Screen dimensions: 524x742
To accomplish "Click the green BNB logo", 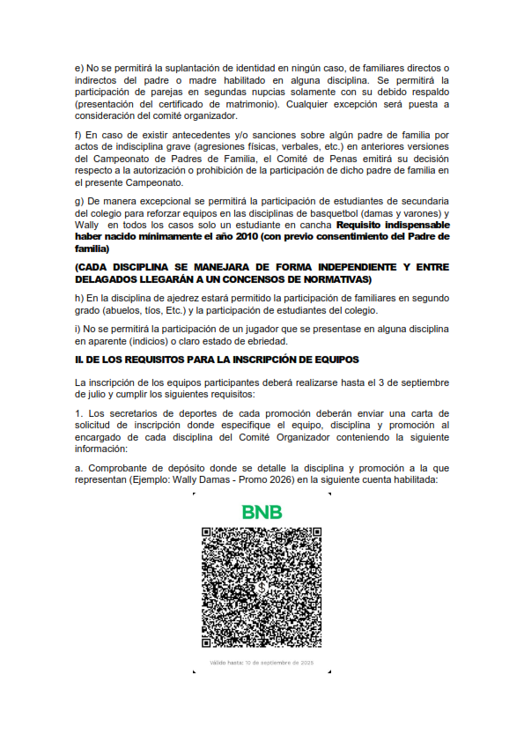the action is [x=262, y=512].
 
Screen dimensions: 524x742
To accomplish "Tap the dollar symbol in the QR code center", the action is [x=262, y=586].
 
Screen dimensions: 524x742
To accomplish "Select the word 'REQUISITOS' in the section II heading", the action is [x=146, y=360].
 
